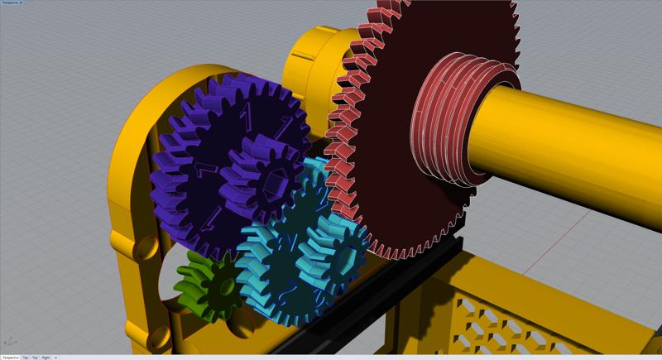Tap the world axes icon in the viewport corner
click(11, 340)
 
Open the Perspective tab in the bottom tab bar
click(10, 357)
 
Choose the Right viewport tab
click(46, 357)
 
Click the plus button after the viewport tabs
click(55, 357)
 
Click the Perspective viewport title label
click(9, 2)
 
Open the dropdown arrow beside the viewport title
click(22, 2)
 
